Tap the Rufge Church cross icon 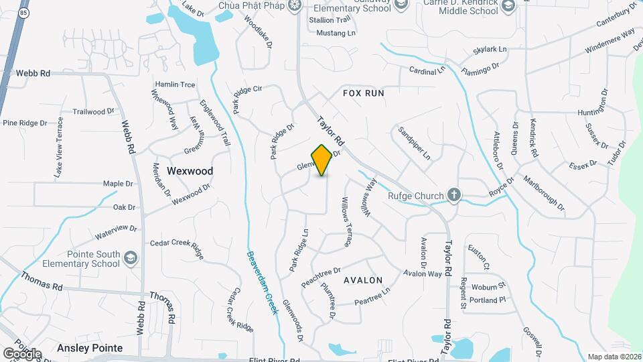pos(454,196)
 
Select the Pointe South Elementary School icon pos(131,258)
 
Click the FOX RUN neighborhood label pos(364,93)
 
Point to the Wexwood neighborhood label pos(190,171)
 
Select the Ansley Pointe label pos(90,348)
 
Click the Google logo pos(21,353)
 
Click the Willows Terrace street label pos(346,222)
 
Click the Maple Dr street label pos(118,184)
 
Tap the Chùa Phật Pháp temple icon pos(293,6)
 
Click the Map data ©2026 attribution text pos(614,357)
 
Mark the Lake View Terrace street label pos(59,147)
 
